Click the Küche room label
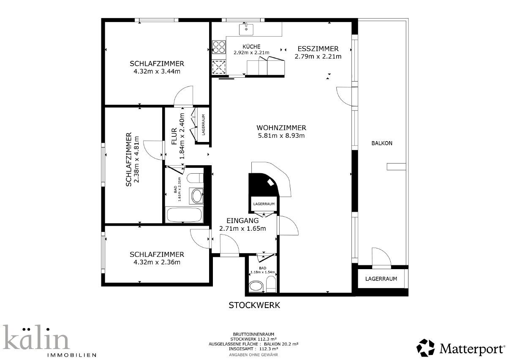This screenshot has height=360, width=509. (x=251, y=46)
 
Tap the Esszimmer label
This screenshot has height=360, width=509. (x=318, y=49)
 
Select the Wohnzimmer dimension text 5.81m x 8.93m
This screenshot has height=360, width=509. (x=281, y=136)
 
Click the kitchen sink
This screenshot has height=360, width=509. (x=246, y=30)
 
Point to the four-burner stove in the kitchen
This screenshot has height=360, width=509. (x=219, y=47)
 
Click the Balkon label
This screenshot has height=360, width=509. (x=382, y=143)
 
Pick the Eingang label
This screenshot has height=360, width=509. (x=242, y=221)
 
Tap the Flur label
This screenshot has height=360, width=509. (x=174, y=136)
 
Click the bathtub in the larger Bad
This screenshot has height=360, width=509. (x=184, y=215)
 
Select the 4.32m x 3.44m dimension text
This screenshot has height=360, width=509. (x=157, y=71)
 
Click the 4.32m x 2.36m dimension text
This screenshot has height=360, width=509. (x=157, y=262)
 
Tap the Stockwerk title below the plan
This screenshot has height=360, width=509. (x=254, y=305)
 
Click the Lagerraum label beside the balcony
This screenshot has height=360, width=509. (x=381, y=279)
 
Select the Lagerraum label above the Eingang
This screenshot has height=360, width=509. (x=264, y=204)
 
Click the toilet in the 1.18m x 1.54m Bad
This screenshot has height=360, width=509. (x=271, y=284)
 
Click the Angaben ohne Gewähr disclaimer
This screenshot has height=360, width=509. (x=253, y=355)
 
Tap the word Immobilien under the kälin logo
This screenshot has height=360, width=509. (x=71, y=355)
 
